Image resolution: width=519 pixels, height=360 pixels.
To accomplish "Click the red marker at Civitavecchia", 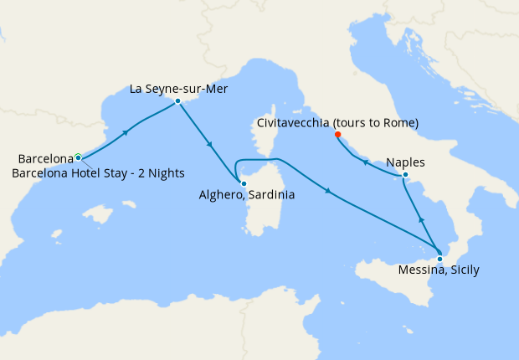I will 337,135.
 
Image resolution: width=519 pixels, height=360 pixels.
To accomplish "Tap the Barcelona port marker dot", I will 78,157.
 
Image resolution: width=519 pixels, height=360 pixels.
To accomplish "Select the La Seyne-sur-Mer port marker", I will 177,101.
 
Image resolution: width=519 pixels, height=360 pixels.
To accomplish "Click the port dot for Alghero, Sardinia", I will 243,183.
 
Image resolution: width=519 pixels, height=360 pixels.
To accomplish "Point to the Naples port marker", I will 405,175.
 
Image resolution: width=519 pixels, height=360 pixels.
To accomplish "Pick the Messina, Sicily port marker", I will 440,259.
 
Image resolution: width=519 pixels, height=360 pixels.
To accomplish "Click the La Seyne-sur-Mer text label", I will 178,88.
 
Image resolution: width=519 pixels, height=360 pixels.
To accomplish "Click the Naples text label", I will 405,162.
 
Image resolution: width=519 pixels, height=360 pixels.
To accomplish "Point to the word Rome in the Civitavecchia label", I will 399,123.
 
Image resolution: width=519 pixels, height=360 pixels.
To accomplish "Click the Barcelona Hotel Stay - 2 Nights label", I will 98,172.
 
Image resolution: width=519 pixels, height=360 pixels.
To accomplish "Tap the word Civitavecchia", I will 293,123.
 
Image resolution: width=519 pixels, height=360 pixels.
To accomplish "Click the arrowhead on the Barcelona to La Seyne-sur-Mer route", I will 126,132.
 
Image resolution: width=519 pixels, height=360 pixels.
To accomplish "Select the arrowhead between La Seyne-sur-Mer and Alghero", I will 209,146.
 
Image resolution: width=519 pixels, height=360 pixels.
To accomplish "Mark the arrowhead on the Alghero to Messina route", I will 327,193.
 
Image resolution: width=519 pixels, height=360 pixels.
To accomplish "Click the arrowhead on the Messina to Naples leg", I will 421,219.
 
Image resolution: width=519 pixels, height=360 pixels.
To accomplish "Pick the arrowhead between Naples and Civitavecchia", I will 366,162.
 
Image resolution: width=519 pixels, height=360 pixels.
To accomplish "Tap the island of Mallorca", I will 100,215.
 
